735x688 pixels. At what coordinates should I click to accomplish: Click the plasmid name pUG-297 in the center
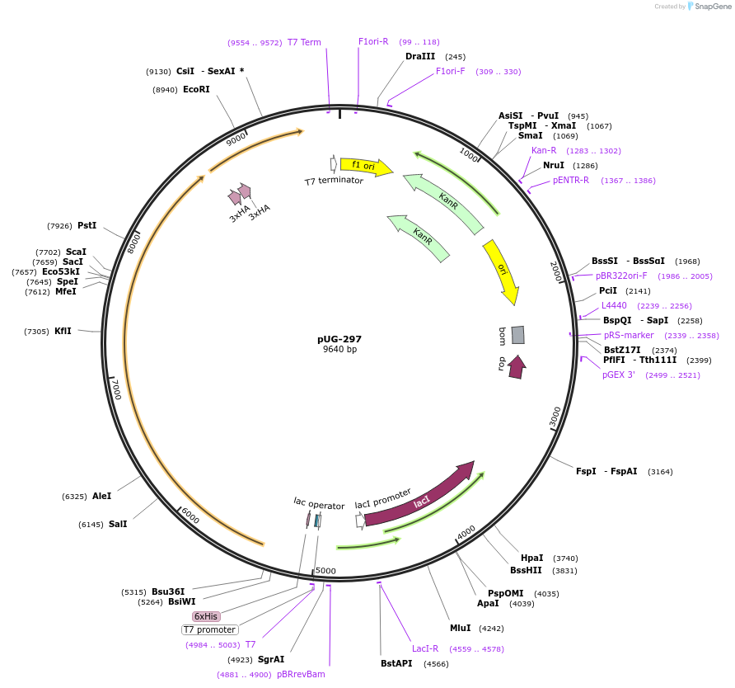pyautogui.click(x=339, y=339)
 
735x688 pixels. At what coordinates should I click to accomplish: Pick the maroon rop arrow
pyautogui.click(x=517, y=366)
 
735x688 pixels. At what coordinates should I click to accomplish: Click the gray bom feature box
pyautogui.click(x=517, y=334)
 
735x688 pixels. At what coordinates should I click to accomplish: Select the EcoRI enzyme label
pyautogui.click(x=196, y=89)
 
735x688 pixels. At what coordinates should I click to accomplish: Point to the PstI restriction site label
pyautogui.click(x=87, y=225)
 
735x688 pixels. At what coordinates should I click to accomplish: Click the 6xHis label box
pyautogui.click(x=206, y=616)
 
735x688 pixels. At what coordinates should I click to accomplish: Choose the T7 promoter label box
pyautogui.click(x=210, y=629)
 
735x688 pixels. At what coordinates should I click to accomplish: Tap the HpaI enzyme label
pyautogui.click(x=531, y=558)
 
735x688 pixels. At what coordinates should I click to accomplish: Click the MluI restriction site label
pyautogui.click(x=460, y=628)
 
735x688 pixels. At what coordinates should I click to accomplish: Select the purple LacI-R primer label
pyautogui.click(x=425, y=648)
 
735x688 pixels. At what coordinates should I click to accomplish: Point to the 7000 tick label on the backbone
pyautogui.click(x=116, y=389)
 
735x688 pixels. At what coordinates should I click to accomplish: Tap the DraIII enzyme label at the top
pyautogui.click(x=420, y=56)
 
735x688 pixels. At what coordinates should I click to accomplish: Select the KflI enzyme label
pyautogui.click(x=63, y=331)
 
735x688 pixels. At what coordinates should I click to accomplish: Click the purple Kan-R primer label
pyautogui.click(x=544, y=150)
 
